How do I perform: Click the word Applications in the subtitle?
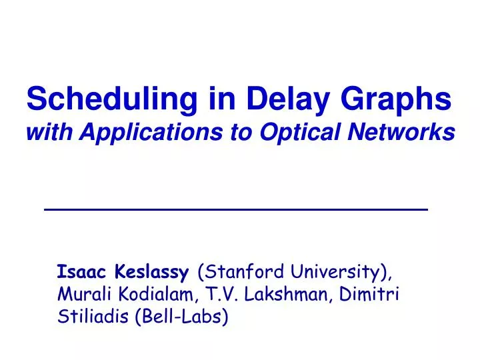click(139, 133)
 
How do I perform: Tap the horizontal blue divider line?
click(235, 209)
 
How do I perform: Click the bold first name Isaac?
click(77, 272)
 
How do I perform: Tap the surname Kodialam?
click(153, 295)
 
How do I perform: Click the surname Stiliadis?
click(93, 317)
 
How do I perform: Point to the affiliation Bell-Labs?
click(181, 317)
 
